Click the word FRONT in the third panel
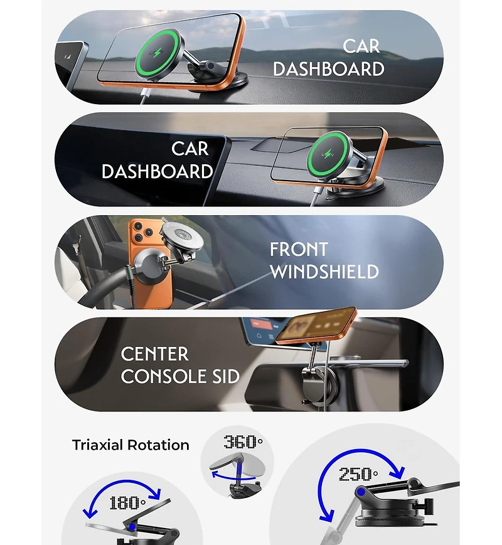click(x=299, y=249)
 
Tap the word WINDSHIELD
click(x=324, y=272)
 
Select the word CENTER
click(x=154, y=354)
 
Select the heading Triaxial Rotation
click(x=131, y=445)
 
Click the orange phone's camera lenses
click(x=141, y=233)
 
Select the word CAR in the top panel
click(x=361, y=46)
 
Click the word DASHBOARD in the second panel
click(x=157, y=171)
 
